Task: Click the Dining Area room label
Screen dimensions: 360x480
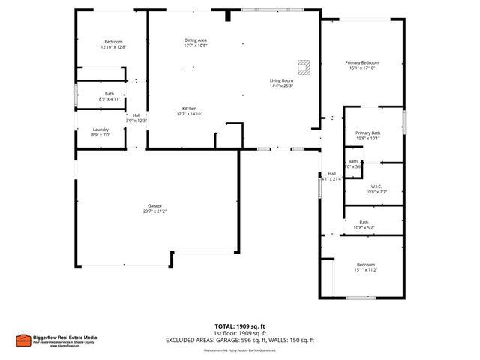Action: coord(196,40)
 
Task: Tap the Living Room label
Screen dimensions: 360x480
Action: coord(281,80)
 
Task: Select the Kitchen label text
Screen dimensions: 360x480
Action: coord(190,108)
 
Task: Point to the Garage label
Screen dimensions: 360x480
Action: coord(154,206)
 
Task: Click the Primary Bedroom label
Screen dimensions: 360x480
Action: coord(361,62)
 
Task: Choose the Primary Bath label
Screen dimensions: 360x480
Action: coord(367,133)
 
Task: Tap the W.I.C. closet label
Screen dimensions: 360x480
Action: coord(376,186)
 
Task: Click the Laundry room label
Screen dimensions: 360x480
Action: coord(100,130)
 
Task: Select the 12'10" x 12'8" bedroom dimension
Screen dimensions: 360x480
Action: coord(113,47)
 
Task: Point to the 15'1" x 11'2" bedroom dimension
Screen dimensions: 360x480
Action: coord(365,270)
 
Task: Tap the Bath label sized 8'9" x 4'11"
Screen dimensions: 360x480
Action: coord(109,94)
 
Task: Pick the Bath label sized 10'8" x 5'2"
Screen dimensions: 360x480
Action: coord(364,222)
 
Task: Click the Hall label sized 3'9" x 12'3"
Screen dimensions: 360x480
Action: coord(136,115)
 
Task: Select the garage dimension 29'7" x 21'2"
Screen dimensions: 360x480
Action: coord(154,211)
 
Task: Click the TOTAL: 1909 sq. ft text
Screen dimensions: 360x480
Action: coord(240,326)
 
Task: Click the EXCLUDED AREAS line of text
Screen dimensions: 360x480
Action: coord(240,340)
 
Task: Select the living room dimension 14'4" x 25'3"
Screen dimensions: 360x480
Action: coord(281,85)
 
